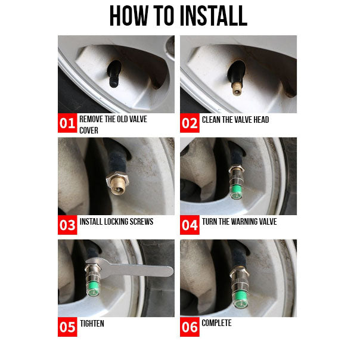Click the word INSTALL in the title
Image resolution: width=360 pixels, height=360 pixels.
pyautogui.click(x=213, y=16)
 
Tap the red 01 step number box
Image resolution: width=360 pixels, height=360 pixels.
pyautogui.click(x=67, y=123)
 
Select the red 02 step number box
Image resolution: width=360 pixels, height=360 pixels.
pyautogui.click(x=190, y=123)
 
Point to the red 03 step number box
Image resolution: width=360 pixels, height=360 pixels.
pyautogui.click(x=67, y=225)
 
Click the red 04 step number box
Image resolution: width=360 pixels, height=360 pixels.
pyautogui.click(x=190, y=225)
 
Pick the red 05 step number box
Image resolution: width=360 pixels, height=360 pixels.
pyautogui.click(x=67, y=327)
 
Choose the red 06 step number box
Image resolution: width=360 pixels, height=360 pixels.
pyautogui.click(x=190, y=327)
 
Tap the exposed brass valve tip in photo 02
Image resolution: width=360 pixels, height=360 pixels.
pyautogui.click(x=237, y=89)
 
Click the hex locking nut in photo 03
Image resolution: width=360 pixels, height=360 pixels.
pyautogui.click(x=117, y=179)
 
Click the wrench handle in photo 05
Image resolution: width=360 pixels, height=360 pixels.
pyautogui.click(x=138, y=271)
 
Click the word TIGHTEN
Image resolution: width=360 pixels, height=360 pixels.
pyautogui.click(x=92, y=324)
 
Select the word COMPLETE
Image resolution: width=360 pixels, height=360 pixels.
pyautogui.click(x=216, y=323)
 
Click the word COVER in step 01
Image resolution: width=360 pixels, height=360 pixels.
pyautogui.click(x=89, y=131)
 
